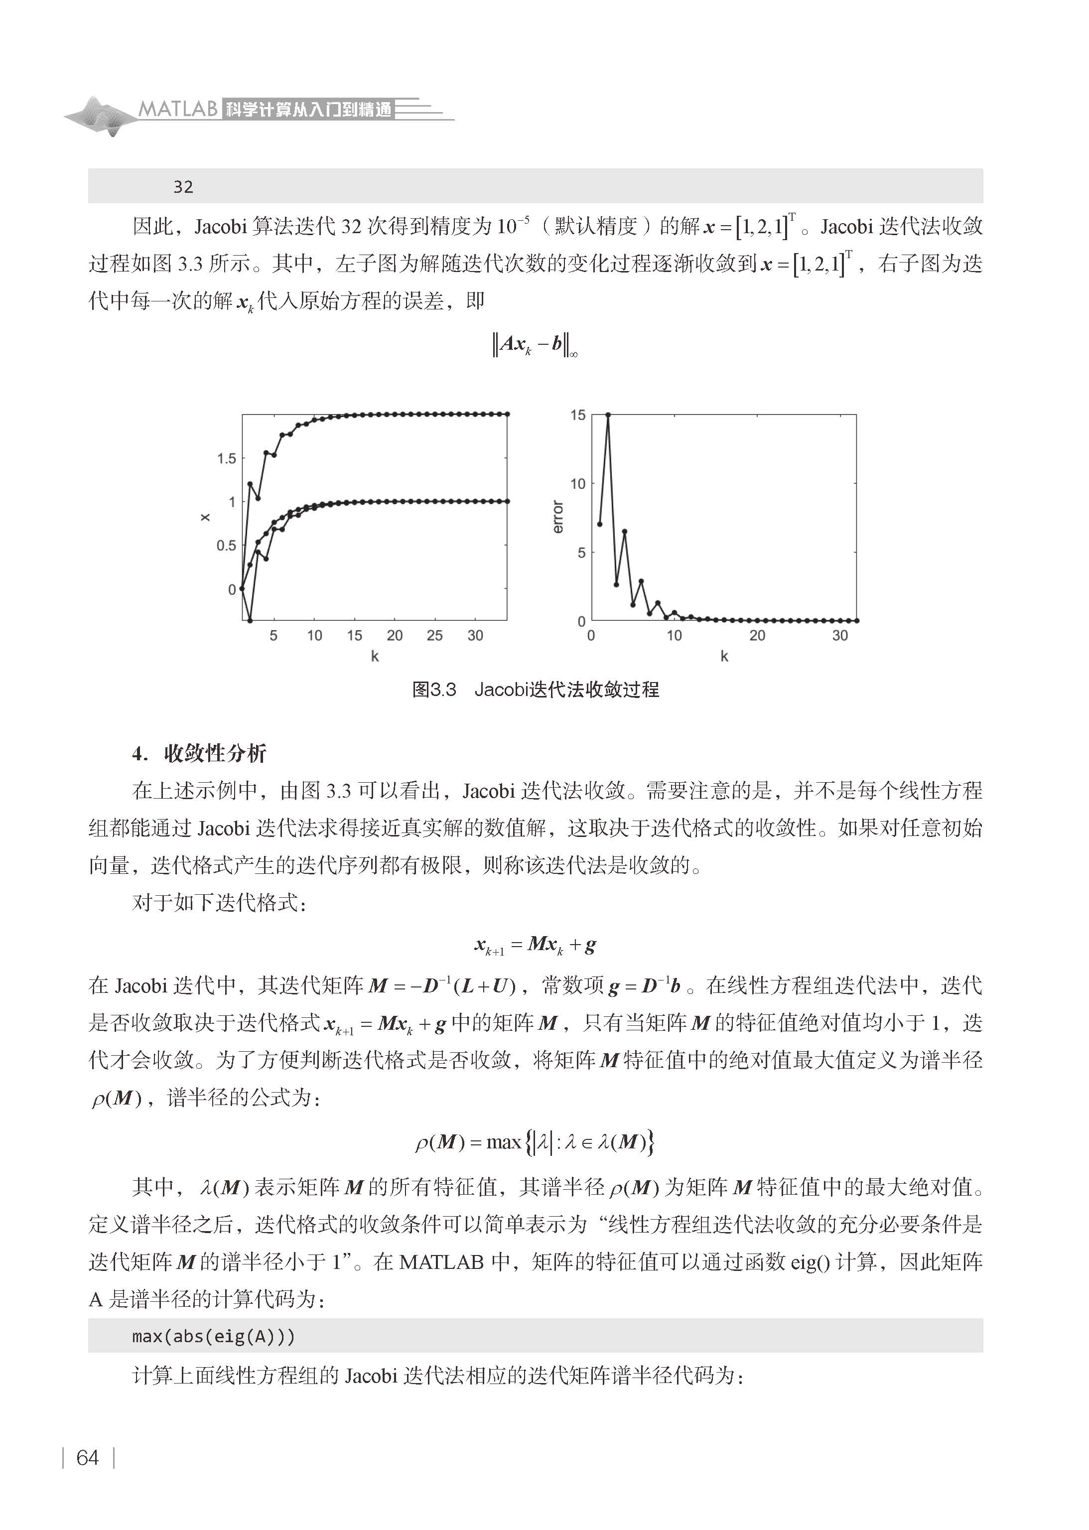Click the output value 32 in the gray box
[183, 187]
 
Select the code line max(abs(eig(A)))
[213, 1336]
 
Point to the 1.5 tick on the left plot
[226, 458]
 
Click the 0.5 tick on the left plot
[226, 546]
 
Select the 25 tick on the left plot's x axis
[434, 636]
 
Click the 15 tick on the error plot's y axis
[577, 415]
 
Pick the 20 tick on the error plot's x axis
[757, 636]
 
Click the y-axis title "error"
[557, 517]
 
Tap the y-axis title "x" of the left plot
[205, 517]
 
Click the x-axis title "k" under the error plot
[724, 656]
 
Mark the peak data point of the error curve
[608, 415]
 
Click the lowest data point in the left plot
[250, 620]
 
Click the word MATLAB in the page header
[178, 109]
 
